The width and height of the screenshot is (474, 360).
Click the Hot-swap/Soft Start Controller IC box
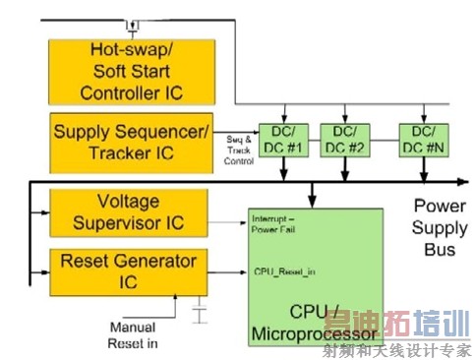(131, 70)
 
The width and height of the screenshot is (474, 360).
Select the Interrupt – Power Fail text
(280, 222)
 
